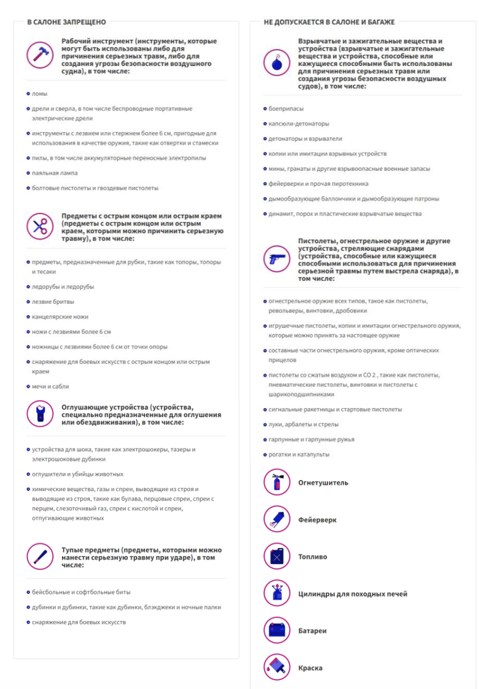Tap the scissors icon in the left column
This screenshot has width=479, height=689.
[40, 226]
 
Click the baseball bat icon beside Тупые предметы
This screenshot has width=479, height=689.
[40, 556]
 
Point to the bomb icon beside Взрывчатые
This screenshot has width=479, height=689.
[277, 62]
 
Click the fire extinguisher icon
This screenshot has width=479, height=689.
[277, 482]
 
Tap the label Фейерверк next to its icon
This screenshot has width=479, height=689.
[317, 520]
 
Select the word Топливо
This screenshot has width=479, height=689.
[313, 557]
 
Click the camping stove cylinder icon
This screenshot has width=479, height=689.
[277, 593]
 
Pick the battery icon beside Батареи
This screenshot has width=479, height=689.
[277, 630]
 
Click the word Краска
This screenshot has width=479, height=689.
[310, 668]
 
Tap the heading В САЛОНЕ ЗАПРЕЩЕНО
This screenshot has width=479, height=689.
[66, 22]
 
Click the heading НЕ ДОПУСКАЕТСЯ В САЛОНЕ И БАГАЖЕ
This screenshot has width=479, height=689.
[329, 22]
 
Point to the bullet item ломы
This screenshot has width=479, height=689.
[39, 94]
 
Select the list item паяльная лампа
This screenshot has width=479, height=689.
[54, 173]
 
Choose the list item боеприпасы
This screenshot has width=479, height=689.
[286, 109]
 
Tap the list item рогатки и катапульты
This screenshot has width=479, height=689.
[299, 455]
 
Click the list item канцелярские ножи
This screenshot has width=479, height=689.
[60, 317]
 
